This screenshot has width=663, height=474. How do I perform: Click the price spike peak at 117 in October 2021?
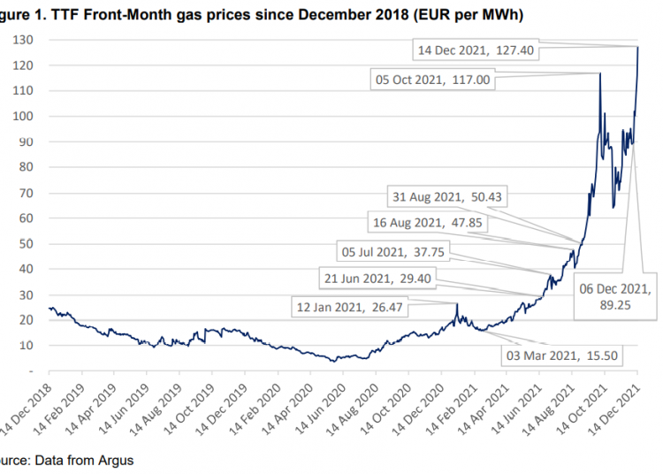[x=600, y=73]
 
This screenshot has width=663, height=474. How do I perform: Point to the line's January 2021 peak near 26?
[x=457, y=305]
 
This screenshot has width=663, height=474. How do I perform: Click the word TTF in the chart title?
[x=72, y=13]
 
